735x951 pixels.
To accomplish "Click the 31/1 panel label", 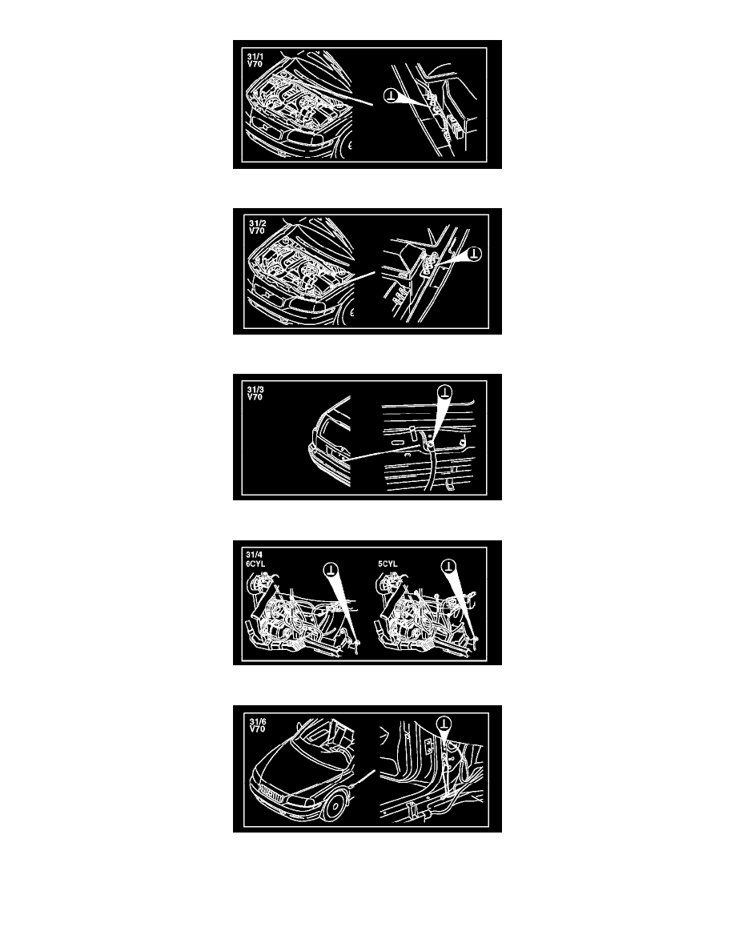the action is tap(255, 56).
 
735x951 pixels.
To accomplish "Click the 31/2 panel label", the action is tap(257, 224).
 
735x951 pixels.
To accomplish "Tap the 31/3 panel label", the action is tap(255, 389).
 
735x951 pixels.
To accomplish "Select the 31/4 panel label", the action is tap(254, 555).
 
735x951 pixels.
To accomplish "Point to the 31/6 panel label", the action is tap(258, 722).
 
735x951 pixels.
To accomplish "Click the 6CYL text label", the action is tap(255, 564).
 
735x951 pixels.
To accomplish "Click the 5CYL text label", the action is tap(388, 564).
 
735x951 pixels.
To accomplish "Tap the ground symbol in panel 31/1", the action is tap(392, 94).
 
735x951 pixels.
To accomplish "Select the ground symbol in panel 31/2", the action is tap(474, 254).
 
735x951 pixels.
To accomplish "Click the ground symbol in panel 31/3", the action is tap(446, 391).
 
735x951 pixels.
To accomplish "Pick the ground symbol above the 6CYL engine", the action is tap(331, 569).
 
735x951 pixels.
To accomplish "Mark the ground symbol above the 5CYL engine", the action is tap(448, 567).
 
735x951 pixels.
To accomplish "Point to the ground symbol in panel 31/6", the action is tap(444, 722).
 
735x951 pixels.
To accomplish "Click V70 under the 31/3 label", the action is tap(255, 397).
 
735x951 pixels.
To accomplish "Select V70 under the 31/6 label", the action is tap(257, 729).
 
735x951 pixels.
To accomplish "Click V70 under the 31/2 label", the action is tap(256, 231).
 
